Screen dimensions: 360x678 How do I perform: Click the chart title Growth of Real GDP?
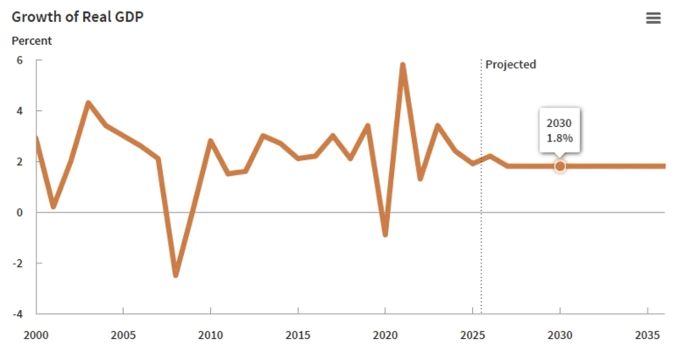click(x=77, y=17)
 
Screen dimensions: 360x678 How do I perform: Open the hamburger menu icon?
click(x=653, y=18)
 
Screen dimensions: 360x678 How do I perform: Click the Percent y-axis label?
click(x=31, y=41)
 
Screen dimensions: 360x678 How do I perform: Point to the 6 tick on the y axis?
click(x=19, y=60)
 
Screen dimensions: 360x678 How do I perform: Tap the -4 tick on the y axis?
click(x=16, y=313)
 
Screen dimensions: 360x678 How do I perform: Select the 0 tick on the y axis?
click(x=19, y=212)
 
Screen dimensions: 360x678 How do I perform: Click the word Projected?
click(x=510, y=64)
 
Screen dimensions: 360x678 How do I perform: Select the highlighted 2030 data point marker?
click(x=559, y=166)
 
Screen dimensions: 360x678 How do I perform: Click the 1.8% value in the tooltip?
click(x=559, y=138)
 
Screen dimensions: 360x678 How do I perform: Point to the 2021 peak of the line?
click(x=403, y=64)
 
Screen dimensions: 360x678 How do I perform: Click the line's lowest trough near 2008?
click(x=175, y=274)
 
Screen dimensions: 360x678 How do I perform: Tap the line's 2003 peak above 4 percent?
click(x=88, y=102)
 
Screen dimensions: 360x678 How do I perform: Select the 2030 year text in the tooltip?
click(x=559, y=123)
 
